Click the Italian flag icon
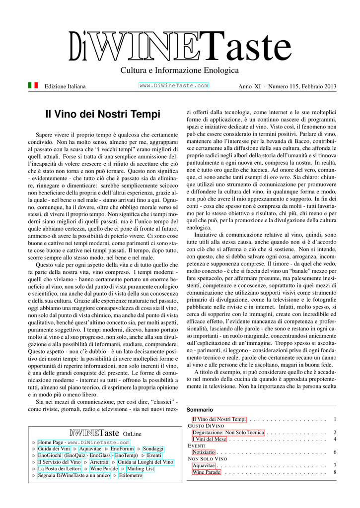(x=33, y=85)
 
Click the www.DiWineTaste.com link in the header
(x=173, y=86)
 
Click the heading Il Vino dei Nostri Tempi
(x=103, y=115)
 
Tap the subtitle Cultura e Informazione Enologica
(x=180, y=71)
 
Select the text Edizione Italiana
(x=65, y=87)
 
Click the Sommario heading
(x=200, y=410)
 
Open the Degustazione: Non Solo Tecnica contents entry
(x=228, y=433)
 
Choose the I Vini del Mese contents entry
(x=209, y=439)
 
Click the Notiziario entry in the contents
(x=204, y=452)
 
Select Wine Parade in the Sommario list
(x=206, y=472)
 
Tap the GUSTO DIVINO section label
(x=206, y=426)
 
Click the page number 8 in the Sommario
(x=335, y=472)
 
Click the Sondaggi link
(x=153, y=448)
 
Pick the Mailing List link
(x=141, y=468)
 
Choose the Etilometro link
(x=131, y=475)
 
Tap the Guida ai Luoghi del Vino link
(x=145, y=462)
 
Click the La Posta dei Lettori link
(x=59, y=468)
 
